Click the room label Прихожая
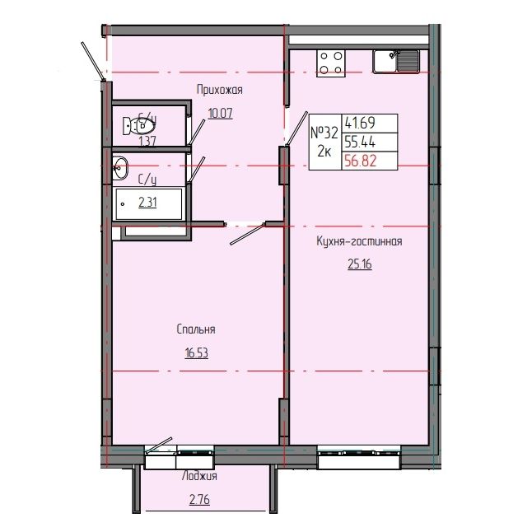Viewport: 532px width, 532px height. pyautogui.click(x=220, y=90)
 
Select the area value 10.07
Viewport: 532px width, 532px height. pyautogui.click(x=220, y=114)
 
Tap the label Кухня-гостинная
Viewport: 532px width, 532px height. pyautogui.click(x=358, y=241)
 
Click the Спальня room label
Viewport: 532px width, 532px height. pyautogui.click(x=196, y=329)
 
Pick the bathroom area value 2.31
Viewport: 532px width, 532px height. pyautogui.click(x=148, y=202)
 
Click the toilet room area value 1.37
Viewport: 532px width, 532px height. pyautogui.click(x=148, y=141)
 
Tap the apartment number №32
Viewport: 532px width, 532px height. pyautogui.click(x=324, y=132)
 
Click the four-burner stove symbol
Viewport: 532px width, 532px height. pyautogui.click(x=331, y=63)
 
